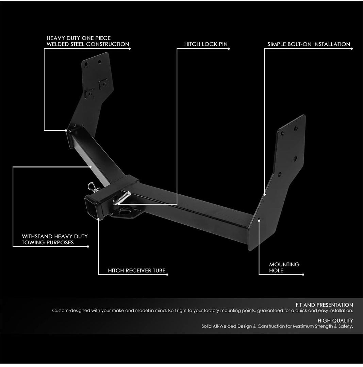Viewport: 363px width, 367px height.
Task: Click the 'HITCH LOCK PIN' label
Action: point(206,44)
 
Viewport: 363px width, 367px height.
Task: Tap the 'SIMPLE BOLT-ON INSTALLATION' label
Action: point(309,44)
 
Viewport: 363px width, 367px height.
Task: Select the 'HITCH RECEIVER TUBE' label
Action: point(137,270)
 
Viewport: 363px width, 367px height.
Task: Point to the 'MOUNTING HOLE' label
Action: point(284,267)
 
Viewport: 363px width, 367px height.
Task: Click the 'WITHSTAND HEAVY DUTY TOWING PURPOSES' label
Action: point(54,239)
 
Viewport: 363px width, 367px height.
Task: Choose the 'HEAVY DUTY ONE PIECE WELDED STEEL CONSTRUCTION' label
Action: point(88,41)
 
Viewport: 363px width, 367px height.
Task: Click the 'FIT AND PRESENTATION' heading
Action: point(324,305)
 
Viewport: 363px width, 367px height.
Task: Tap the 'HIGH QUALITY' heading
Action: point(335,320)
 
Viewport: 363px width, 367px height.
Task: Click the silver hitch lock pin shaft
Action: point(122,198)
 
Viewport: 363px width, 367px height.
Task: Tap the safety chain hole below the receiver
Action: point(123,212)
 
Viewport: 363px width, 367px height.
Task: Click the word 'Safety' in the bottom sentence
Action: point(346,326)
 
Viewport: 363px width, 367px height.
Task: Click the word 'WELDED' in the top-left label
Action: point(57,44)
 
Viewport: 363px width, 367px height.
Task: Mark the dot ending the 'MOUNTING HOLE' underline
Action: point(303,275)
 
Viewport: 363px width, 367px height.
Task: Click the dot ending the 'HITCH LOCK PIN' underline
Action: point(229,49)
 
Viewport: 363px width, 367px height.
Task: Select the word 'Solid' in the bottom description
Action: point(206,326)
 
